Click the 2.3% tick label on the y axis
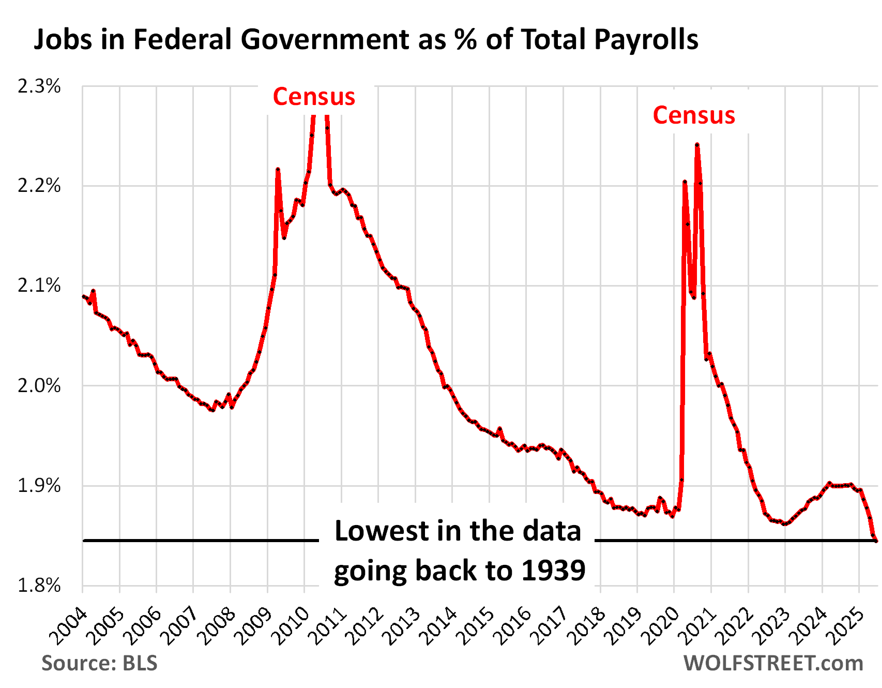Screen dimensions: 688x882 click(x=39, y=86)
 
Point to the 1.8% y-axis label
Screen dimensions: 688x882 click(x=39, y=586)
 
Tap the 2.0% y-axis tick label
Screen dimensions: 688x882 click(x=39, y=386)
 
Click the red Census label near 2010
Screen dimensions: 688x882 click(x=314, y=97)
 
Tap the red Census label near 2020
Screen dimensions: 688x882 click(x=694, y=115)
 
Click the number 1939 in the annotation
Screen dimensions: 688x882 click(x=553, y=570)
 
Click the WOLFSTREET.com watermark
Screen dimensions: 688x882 click(x=773, y=663)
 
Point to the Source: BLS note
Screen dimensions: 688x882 click(x=99, y=663)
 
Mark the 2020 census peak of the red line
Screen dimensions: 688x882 click(x=697, y=145)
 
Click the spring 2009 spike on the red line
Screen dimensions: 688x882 click(x=278, y=169)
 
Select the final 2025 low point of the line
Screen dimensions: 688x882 click(x=876, y=541)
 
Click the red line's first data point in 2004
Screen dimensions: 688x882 click(x=83, y=296)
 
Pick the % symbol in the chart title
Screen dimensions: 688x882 click(x=466, y=40)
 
